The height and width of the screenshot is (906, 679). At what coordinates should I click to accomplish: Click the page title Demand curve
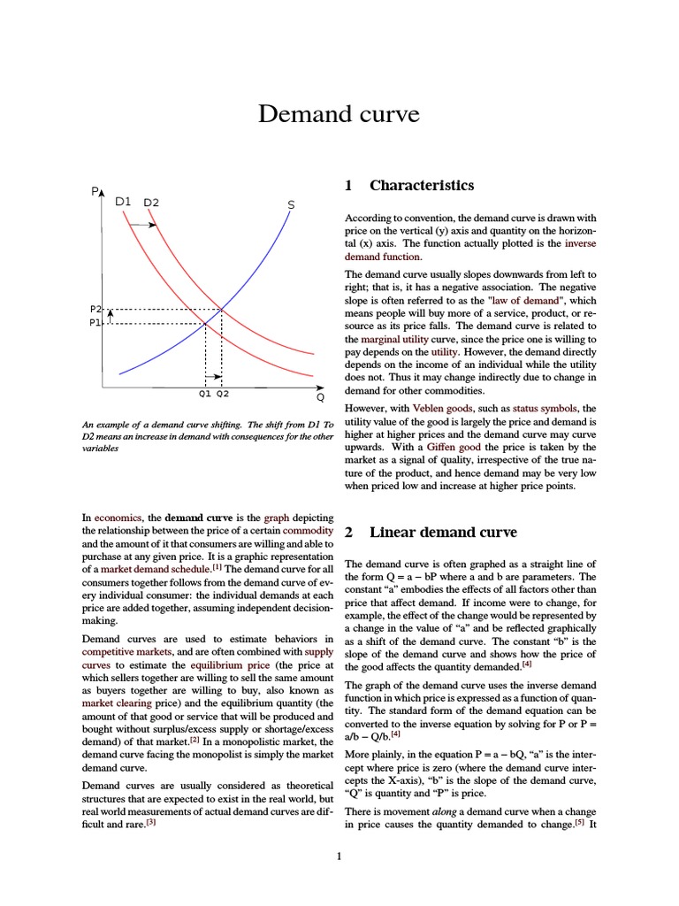339,115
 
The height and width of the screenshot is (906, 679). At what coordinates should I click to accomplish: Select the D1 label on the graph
123,201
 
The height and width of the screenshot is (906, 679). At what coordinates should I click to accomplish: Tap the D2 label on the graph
151,202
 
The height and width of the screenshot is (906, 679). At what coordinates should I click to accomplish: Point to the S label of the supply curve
291,205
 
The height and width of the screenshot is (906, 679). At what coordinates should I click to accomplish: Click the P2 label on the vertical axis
96,309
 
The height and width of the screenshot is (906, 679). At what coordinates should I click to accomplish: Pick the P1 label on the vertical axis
96,323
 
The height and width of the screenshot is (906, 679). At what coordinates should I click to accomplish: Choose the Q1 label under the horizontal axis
204,394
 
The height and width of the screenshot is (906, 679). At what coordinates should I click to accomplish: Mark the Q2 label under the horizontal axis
222,394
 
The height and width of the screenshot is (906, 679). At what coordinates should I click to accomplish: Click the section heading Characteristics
421,185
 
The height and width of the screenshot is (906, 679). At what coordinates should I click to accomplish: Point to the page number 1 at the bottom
339,856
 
